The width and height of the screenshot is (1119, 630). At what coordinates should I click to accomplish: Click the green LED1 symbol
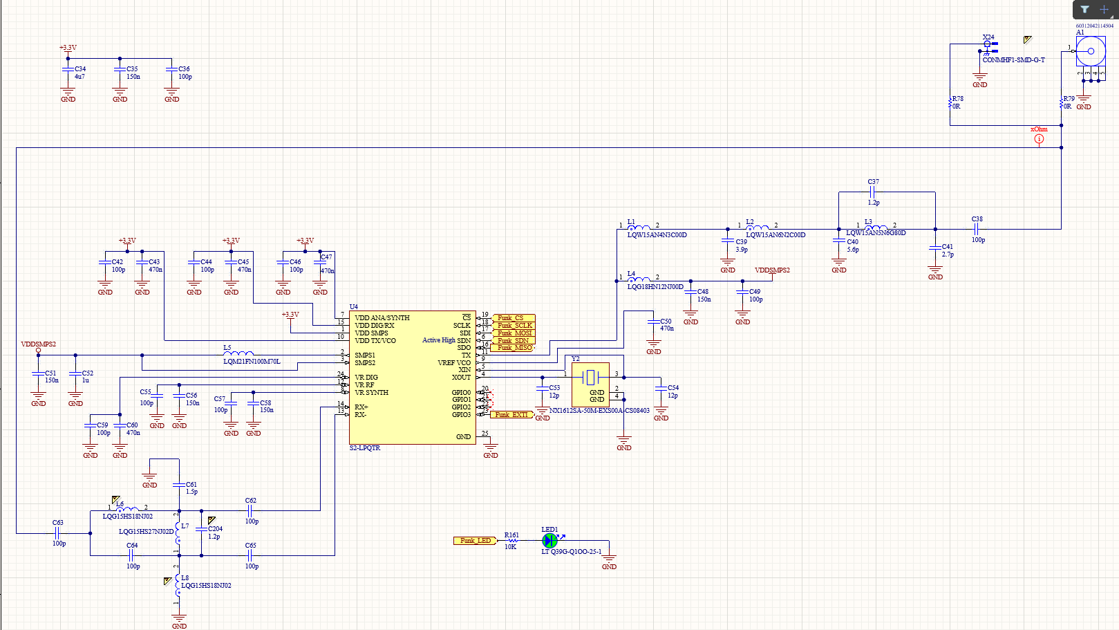[x=549, y=541]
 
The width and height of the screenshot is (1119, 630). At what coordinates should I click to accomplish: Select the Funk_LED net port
[x=475, y=541]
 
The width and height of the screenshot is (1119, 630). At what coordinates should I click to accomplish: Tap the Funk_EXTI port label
[x=511, y=415]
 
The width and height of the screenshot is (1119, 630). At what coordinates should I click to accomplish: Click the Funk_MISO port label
[x=514, y=348]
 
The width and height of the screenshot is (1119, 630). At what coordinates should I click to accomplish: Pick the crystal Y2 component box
[x=590, y=385]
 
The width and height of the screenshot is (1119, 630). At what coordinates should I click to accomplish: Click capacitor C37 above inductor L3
[x=873, y=192]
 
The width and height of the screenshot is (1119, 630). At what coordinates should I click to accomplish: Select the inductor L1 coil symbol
[x=639, y=228]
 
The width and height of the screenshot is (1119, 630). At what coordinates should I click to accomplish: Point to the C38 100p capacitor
[x=977, y=229]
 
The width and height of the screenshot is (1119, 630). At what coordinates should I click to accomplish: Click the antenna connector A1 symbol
[x=1091, y=51]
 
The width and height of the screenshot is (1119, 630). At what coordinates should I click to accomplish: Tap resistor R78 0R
[x=950, y=103]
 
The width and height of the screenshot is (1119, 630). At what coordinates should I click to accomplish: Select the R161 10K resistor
[x=512, y=541]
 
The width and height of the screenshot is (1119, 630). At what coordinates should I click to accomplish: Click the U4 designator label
[x=354, y=306]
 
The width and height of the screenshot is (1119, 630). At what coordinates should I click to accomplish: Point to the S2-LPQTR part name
[x=365, y=448]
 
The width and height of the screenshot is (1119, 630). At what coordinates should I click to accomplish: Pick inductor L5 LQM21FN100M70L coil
[x=238, y=354]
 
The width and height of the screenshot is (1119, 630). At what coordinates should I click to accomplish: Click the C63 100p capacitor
[x=57, y=533]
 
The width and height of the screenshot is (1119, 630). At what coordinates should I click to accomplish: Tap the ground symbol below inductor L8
[x=179, y=621]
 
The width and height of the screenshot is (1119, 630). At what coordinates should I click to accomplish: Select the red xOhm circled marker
[x=1039, y=139]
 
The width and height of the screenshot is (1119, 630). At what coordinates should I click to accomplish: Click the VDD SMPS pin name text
[x=372, y=333]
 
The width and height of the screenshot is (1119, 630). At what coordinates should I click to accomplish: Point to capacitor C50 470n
[x=653, y=322]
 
